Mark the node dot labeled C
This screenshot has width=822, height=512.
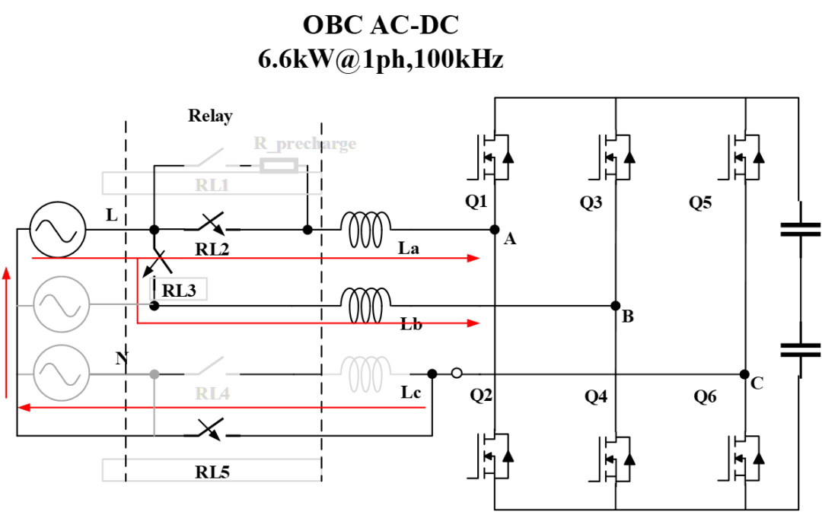tap(744, 374)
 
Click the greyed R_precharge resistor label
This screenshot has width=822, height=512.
tap(304, 144)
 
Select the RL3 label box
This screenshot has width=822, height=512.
tap(183, 288)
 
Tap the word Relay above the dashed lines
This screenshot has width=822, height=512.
tap(210, 116)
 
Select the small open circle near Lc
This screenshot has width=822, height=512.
tap(457, 374)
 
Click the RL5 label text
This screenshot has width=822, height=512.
tap(212, 472)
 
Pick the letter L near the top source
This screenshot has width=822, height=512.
tap(111, 215)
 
